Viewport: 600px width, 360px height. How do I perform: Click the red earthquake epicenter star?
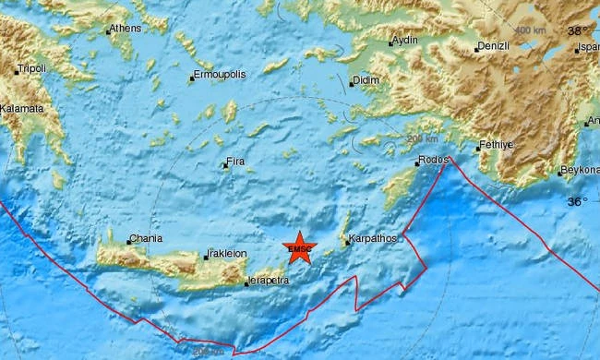tap(301, 246)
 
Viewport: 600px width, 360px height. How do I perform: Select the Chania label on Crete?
tap(146, 238)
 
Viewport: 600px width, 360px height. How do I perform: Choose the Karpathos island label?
tap(372, 239)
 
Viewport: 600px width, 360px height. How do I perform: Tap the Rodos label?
tap(432, 160)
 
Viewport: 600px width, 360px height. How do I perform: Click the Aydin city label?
tap(406, 42)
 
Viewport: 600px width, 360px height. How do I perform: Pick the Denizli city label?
tap(494, 46)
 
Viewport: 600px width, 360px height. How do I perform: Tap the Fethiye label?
tap(498, 146)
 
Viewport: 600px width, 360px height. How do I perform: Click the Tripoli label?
tap(31, 69)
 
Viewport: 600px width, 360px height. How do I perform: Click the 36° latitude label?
tap(576, 200)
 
